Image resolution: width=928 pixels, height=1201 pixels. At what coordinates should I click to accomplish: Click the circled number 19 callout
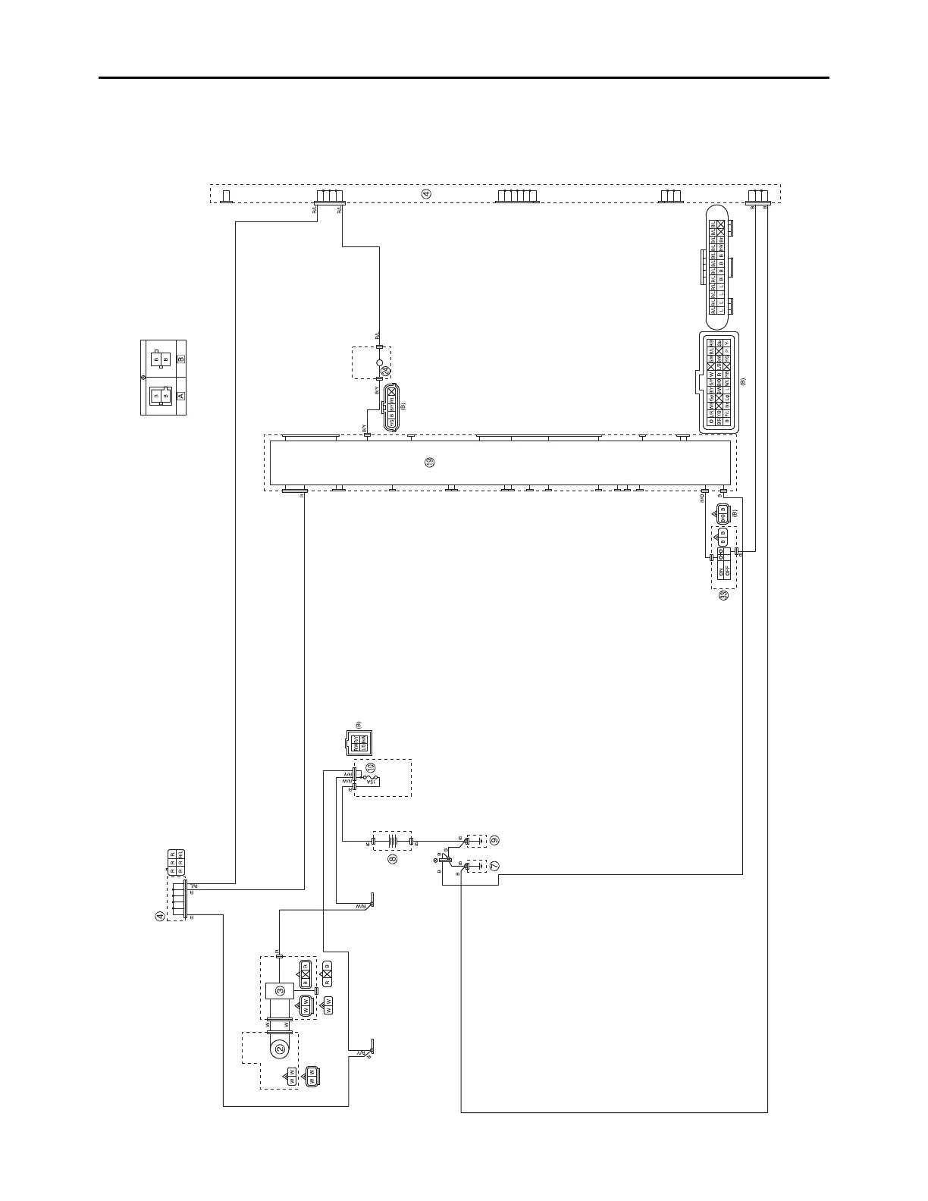click(430, 462)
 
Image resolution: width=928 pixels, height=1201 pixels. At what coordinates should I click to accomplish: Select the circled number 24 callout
click(385, 371)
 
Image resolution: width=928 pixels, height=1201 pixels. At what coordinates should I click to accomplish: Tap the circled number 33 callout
click(724, 596)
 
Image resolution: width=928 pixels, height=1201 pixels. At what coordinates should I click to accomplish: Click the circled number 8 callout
click(392, 859)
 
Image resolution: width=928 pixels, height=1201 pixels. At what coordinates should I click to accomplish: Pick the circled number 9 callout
click(494, 840)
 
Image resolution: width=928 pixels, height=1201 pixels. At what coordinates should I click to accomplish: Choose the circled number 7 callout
click(494, 865)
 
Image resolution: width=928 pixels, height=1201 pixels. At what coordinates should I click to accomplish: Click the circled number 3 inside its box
click(280, 990)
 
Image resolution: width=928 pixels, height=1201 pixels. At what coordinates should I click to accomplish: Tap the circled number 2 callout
click(280, 1049)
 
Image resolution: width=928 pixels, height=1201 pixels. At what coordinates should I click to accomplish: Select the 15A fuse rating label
click(372, 782)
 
